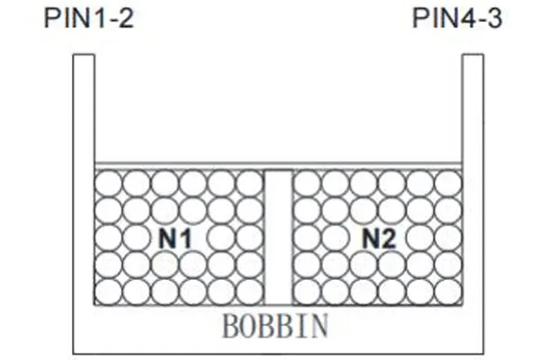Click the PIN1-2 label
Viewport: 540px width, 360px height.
tap(88, 18)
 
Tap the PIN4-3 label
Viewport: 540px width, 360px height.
tap(457, 18)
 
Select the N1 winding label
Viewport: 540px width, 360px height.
tap(175, 238)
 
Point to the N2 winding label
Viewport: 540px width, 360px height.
tap(379, 238)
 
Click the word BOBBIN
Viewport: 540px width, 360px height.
tap(275, 326)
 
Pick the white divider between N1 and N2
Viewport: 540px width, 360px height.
tap(278, 238)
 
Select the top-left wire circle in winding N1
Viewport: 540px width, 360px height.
tap(108, 184)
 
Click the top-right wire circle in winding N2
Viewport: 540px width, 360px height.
tap(448, 184)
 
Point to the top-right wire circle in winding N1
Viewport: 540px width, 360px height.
tap(250, 184)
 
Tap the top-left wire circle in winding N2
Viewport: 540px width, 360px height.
tap(307, 184)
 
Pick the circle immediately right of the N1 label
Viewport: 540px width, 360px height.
tap(221, 238)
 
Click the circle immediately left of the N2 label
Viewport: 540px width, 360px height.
tap(335, 238)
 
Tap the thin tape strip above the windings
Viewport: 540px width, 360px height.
tap(278, 166)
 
